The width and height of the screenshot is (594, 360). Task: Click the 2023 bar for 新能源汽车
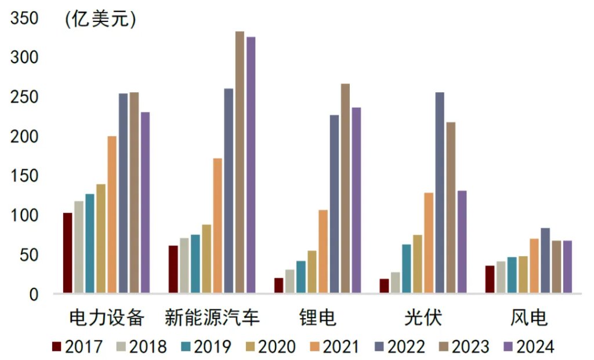point(240,162)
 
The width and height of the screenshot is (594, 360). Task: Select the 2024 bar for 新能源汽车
point(251,165)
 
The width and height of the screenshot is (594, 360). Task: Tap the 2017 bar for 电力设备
point(68,253)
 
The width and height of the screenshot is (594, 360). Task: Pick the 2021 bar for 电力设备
point(112,214)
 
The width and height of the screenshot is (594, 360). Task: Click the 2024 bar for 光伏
point(462,242)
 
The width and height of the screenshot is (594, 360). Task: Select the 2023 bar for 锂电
point(345,188)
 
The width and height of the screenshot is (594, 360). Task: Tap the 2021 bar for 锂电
point(323,252)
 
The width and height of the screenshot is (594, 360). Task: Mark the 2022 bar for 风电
point(545,260)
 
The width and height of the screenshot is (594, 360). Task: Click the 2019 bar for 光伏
point(407,268)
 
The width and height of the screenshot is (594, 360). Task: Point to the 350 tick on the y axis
point(24,19)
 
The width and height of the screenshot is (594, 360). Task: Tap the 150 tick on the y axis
point(24,176)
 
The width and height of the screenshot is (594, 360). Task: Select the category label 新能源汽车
point(212,318)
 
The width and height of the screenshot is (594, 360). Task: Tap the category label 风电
point(528,318)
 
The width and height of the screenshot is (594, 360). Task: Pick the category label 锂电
point(318,318)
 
